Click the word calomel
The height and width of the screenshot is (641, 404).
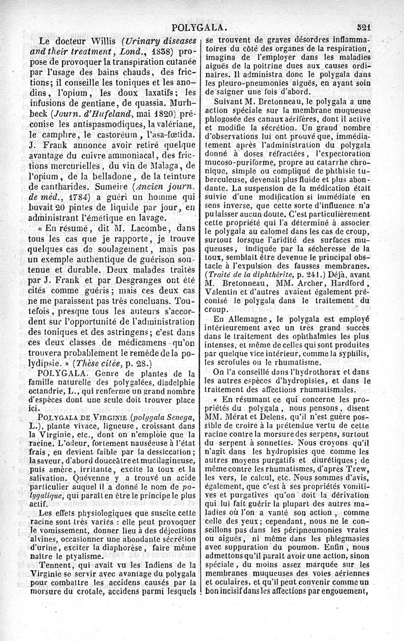coord(276,233)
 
